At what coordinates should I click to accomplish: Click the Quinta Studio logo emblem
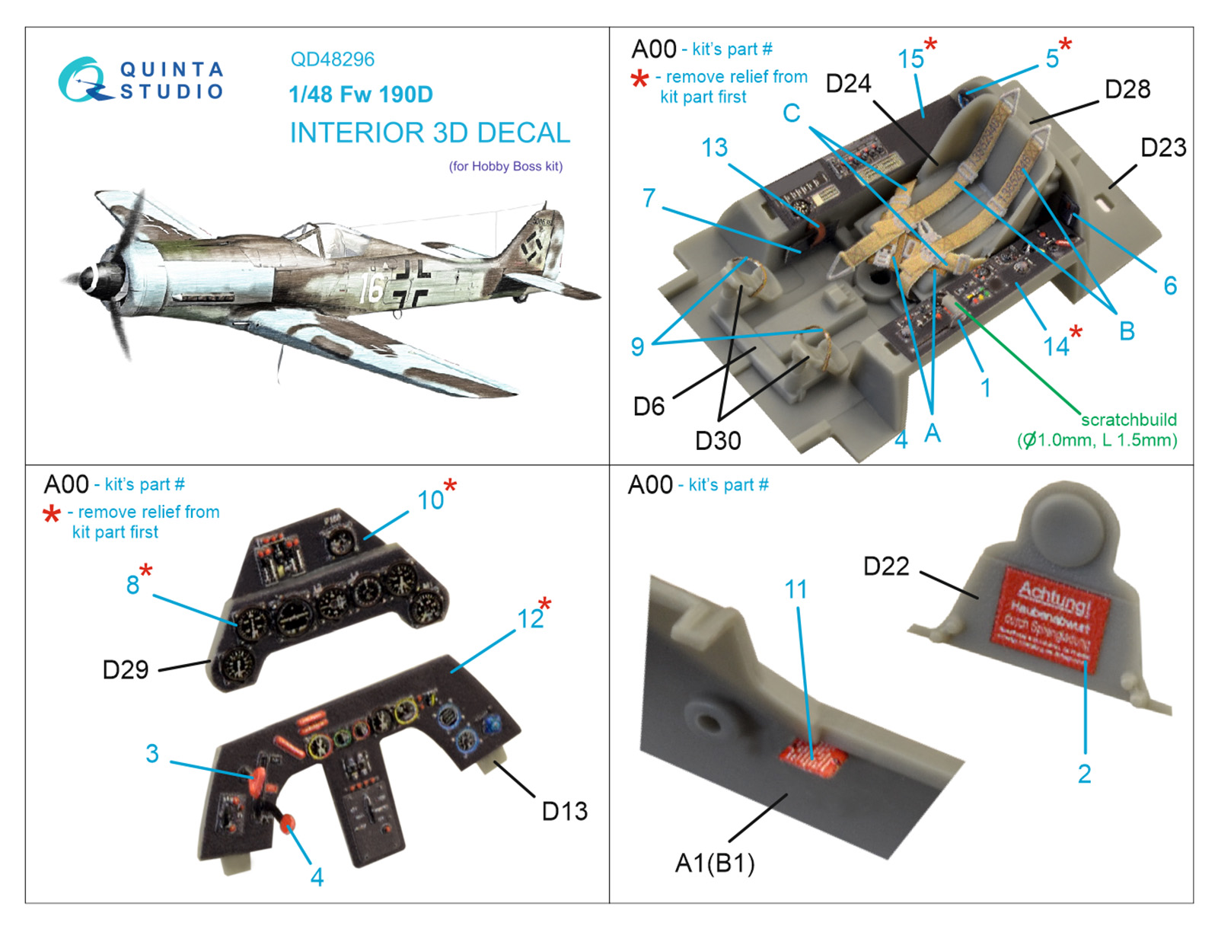[x=81, y=79]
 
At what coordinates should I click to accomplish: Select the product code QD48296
[x=333, y=59]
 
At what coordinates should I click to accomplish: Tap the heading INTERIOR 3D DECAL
[x=429, y=133]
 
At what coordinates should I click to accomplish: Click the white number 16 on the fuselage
[x=371, y=289]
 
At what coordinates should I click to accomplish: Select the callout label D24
[x=848, y=84]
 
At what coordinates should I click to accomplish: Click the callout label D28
[x=1127, y=89]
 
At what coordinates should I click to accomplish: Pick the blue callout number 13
[x=714, y=148]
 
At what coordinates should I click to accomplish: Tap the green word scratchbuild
[x=1128, y=420]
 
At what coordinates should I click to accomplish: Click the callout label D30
[x=717, y=440]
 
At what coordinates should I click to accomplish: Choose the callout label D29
[x=126, y=670]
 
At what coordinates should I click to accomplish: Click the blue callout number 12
[x=531, y=618]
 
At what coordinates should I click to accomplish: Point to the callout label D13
[x=564, y=812]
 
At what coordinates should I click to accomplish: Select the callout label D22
[x=886, y=567]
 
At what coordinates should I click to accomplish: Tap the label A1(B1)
[x=715, y=864]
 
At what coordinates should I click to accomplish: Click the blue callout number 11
[x=796, y=589]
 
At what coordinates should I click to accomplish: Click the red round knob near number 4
[x=288, y=824]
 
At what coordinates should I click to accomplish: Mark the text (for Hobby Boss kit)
[x=505, y=167]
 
